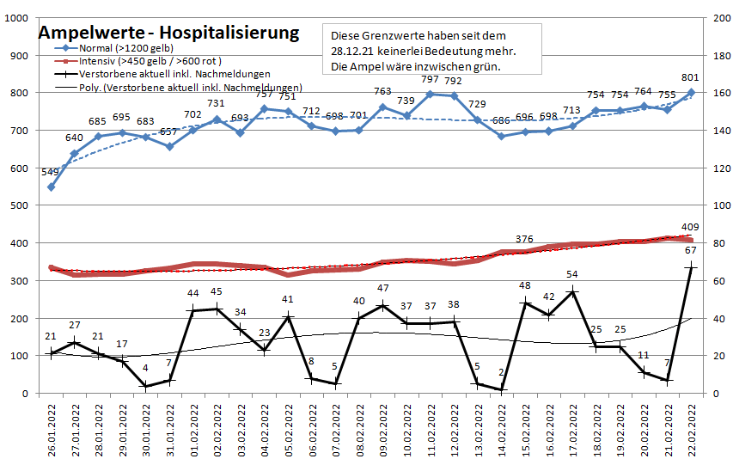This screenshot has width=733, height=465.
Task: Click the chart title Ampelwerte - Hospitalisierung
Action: (x=168, y=34)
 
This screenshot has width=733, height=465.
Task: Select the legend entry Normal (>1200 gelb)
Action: (x=120, y=50)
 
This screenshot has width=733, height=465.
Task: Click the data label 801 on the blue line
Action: (x=689, y=78)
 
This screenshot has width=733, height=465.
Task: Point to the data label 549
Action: (x=51, y=172)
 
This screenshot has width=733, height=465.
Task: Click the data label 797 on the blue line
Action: (x=431, y=80)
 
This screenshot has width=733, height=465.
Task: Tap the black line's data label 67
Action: (x=689, y=250)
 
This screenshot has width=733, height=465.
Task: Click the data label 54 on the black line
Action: (x=571, y=274)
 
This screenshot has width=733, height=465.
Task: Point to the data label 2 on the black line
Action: (x=500, y=372)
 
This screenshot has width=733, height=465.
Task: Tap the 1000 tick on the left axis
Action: (x=17, y=17)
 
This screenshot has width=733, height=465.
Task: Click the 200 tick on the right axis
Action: (x=714, y=17)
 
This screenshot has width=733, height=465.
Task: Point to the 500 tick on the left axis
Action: (x=20, y=205)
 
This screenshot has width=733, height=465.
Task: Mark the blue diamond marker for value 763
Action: (x=382, y=107)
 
